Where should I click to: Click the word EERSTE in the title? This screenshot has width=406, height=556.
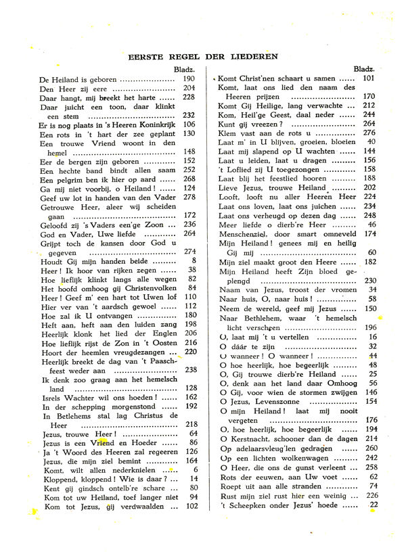147,56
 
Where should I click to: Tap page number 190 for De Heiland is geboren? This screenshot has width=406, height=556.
189,79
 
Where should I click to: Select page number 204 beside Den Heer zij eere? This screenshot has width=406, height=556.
189,88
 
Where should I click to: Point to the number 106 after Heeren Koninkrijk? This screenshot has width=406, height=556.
189,124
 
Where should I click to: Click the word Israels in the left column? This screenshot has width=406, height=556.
54,397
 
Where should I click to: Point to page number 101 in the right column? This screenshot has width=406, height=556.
368,78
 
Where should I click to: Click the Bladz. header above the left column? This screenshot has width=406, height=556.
184,70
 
